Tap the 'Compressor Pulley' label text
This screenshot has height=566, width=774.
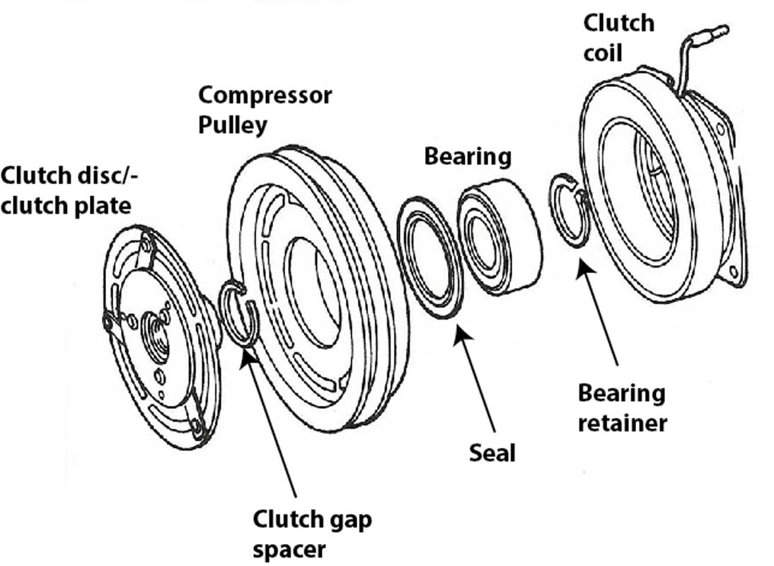264,110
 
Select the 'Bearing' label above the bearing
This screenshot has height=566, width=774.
467,156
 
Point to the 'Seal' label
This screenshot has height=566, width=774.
492,452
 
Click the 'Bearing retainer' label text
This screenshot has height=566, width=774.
621,408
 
